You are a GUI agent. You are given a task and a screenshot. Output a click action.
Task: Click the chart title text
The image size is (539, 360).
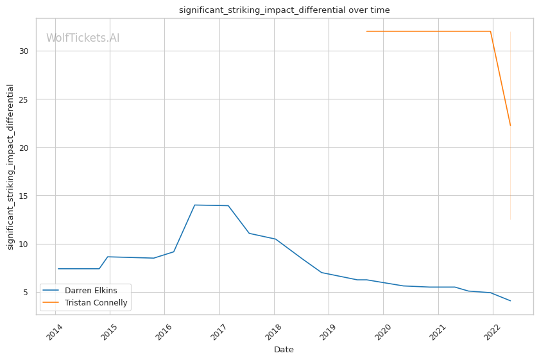(284, 10)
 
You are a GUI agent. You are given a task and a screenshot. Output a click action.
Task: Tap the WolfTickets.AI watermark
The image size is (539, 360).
(83, 39)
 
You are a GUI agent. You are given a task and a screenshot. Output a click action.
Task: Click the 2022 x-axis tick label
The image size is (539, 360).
(492, 331)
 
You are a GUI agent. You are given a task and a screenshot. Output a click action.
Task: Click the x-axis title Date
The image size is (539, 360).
(284, 350)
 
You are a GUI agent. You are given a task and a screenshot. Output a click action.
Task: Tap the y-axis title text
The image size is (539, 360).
(11, 167)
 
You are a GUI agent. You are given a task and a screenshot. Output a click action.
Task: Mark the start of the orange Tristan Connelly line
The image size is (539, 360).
(366, 31)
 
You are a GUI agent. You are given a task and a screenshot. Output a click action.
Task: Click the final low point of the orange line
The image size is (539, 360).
(510, 126)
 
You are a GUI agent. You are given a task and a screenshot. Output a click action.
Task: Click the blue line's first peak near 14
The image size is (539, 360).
(194, 205)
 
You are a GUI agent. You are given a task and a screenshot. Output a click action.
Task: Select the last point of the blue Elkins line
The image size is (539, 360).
(510, 301)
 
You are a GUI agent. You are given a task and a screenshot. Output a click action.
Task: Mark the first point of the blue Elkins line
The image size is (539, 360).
(58, 269)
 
